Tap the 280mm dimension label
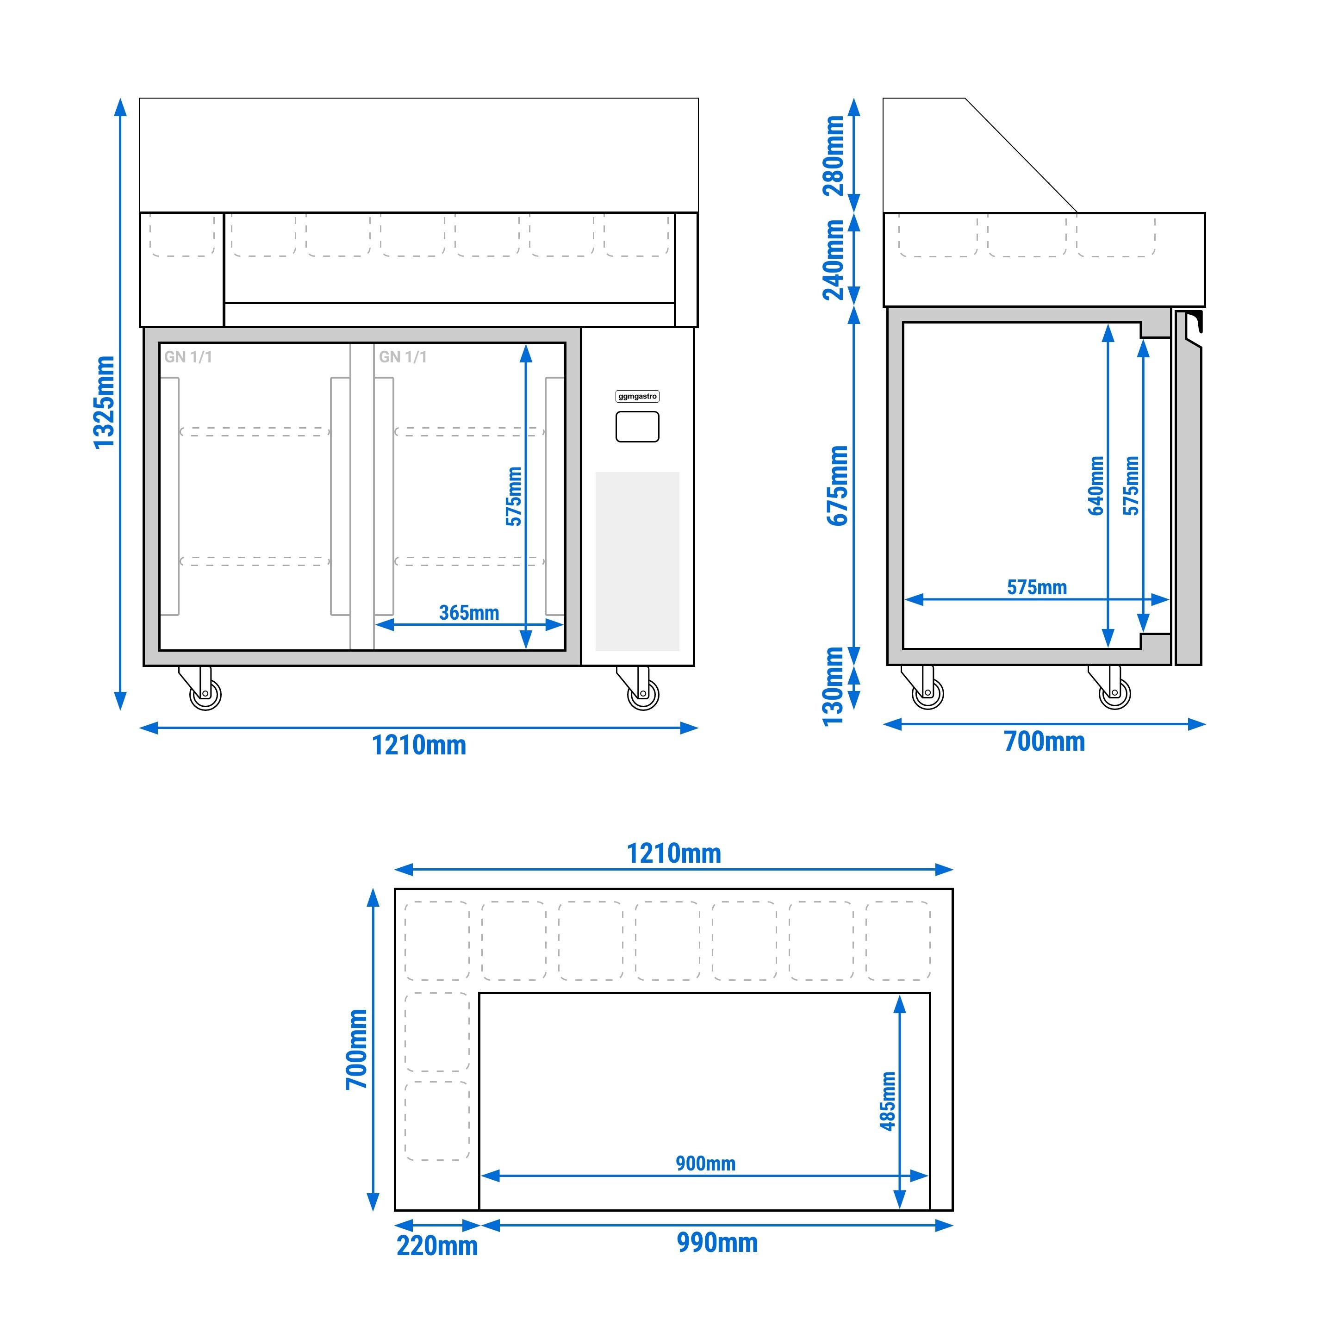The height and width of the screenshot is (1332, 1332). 834,156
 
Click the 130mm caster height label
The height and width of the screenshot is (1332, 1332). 834,686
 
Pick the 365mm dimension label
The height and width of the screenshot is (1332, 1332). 469,612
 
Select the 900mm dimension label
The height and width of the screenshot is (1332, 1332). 705,1163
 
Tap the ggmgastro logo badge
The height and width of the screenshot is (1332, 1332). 637,397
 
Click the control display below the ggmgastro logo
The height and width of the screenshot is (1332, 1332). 637,427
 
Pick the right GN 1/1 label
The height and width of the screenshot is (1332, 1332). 403,357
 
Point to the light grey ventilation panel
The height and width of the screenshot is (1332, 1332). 637,561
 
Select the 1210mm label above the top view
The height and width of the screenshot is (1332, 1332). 673,853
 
